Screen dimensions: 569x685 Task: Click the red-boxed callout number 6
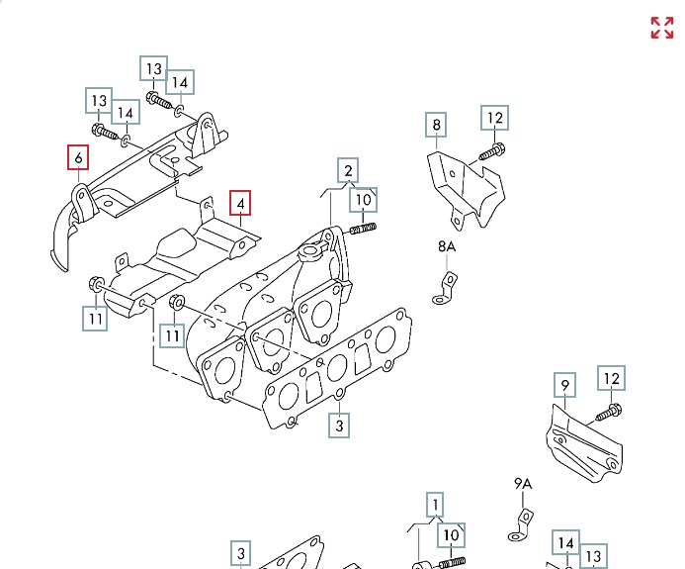click(x=77, y=157)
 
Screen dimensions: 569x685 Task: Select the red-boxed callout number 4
click(x=241, y=204)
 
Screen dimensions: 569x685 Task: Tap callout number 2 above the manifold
click(x=347, y=170)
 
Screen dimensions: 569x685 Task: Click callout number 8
click(x=436, y=125)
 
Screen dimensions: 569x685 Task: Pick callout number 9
click(x=563, y=385)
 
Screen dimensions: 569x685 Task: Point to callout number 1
click(x=434, y=505)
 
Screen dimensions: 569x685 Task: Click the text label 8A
click(x=448, y=246)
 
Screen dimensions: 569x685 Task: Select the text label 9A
click(x=523, y=484)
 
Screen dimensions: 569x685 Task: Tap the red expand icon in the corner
click(x=661, y=28)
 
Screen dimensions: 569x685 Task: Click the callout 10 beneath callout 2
click(x=364, y=200)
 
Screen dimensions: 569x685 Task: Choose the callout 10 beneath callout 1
click(x=452, y=535)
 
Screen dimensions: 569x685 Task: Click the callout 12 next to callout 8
click(x=495, y=119)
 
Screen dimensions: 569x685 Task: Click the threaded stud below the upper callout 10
click(x=363, y=231)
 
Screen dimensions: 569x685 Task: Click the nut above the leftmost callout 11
click(x=97, y=284)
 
